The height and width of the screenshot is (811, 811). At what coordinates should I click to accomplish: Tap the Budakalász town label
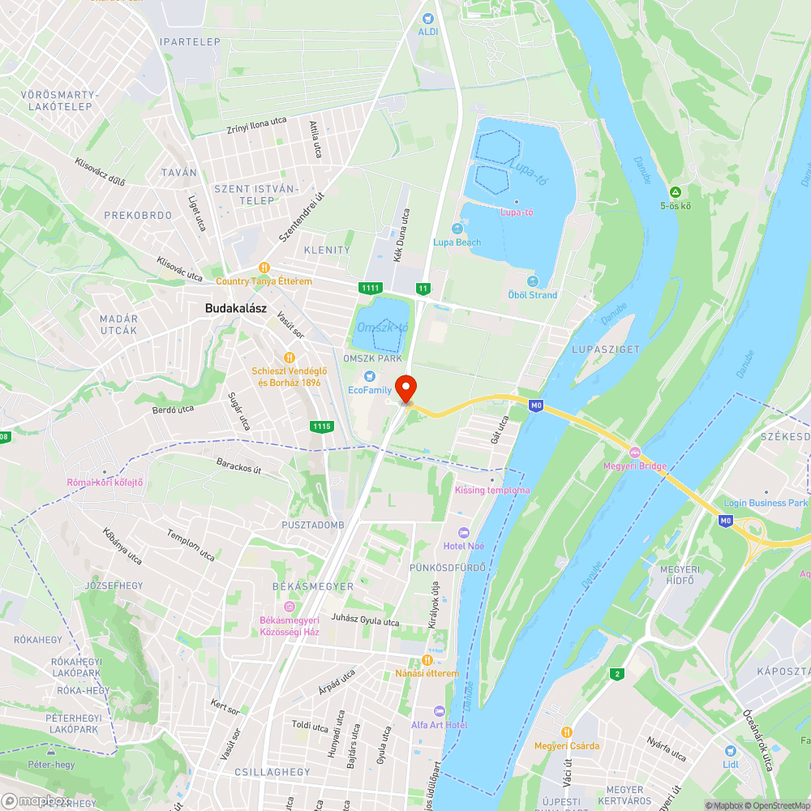point(236,308)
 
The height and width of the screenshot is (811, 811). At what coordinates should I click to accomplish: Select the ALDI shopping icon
point(427,19)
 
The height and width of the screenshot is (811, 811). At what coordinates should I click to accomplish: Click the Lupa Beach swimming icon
point(457,230)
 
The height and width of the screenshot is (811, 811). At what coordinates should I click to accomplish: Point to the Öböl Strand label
point(532,295)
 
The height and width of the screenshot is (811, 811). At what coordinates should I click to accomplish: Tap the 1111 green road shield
point(371,288)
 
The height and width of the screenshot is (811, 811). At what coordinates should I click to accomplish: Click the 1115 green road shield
point(321,426)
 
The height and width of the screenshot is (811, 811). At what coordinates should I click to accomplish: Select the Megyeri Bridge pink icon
point(635,452)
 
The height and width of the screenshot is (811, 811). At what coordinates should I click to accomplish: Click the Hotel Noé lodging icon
point(464,533)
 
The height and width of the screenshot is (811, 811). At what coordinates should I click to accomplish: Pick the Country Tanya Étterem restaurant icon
point(264,268)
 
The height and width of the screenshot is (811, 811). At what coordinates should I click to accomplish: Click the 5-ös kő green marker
point(674,192)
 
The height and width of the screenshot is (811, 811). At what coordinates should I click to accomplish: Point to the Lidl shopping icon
point(730,751)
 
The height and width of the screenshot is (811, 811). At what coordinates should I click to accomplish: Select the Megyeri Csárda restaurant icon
point(567,732)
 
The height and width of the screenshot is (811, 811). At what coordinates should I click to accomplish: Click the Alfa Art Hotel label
point(439,724)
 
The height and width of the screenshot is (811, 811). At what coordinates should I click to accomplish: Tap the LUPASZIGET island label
point(606,350)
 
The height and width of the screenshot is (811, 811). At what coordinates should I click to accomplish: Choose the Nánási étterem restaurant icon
point(427,660)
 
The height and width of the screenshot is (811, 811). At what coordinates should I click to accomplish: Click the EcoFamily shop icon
point(371,376)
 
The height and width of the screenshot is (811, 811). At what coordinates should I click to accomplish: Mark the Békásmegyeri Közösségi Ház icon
point(290,607)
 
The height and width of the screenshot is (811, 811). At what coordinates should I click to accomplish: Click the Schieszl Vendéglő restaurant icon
point(290,357)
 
